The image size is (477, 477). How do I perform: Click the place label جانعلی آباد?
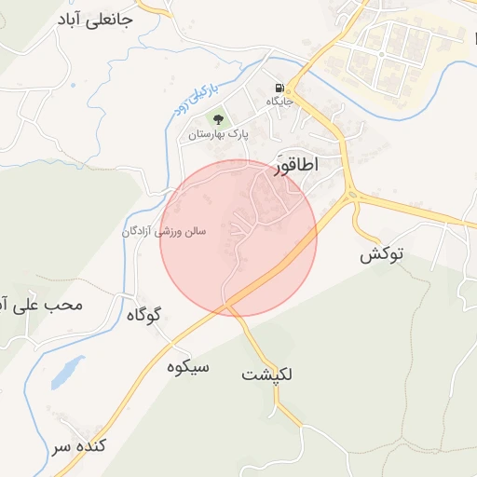pyautogui.click(x=95, y=19)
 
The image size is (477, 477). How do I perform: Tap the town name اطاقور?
pyautogui.click(x=297, y=165)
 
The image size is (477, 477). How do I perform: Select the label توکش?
pyautogui.click(x=382, y=253)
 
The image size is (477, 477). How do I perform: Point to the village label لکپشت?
pyautogui.click(x=267, y=375)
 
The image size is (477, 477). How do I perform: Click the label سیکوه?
pyautogui.click(x=188, y=366)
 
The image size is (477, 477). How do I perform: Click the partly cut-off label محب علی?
pyautogui.click(x=42, y=305)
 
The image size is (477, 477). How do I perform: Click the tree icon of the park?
pyautogui.click(x=219, y=119)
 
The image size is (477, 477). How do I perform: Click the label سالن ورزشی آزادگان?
pyautogui.click(x=164, y=229)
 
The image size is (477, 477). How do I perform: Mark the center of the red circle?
pyautogui.click(x=238, y=238)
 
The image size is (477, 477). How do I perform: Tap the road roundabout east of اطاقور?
pyautogui.click(x=352, y=195)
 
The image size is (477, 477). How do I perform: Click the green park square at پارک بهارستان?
pyautogui.click(x=219, y=119)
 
